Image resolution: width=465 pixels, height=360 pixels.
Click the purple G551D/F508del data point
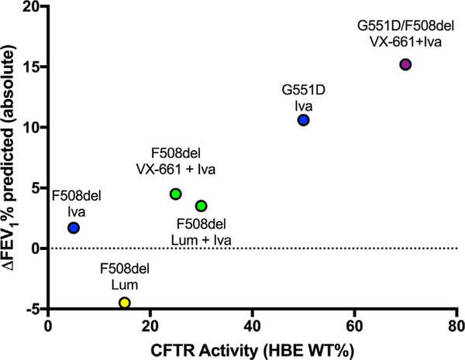[405, 64]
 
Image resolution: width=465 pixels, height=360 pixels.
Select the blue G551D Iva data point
[303, 120]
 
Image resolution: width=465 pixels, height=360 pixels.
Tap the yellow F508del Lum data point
[125, 303]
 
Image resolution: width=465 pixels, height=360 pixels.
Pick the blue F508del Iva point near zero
[74, 228]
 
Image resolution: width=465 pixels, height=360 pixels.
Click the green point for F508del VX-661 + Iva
[176, 194]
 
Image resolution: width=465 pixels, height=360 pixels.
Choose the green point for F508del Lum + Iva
[201, 206]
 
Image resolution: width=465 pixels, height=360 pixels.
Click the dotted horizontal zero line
[310, 249]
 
